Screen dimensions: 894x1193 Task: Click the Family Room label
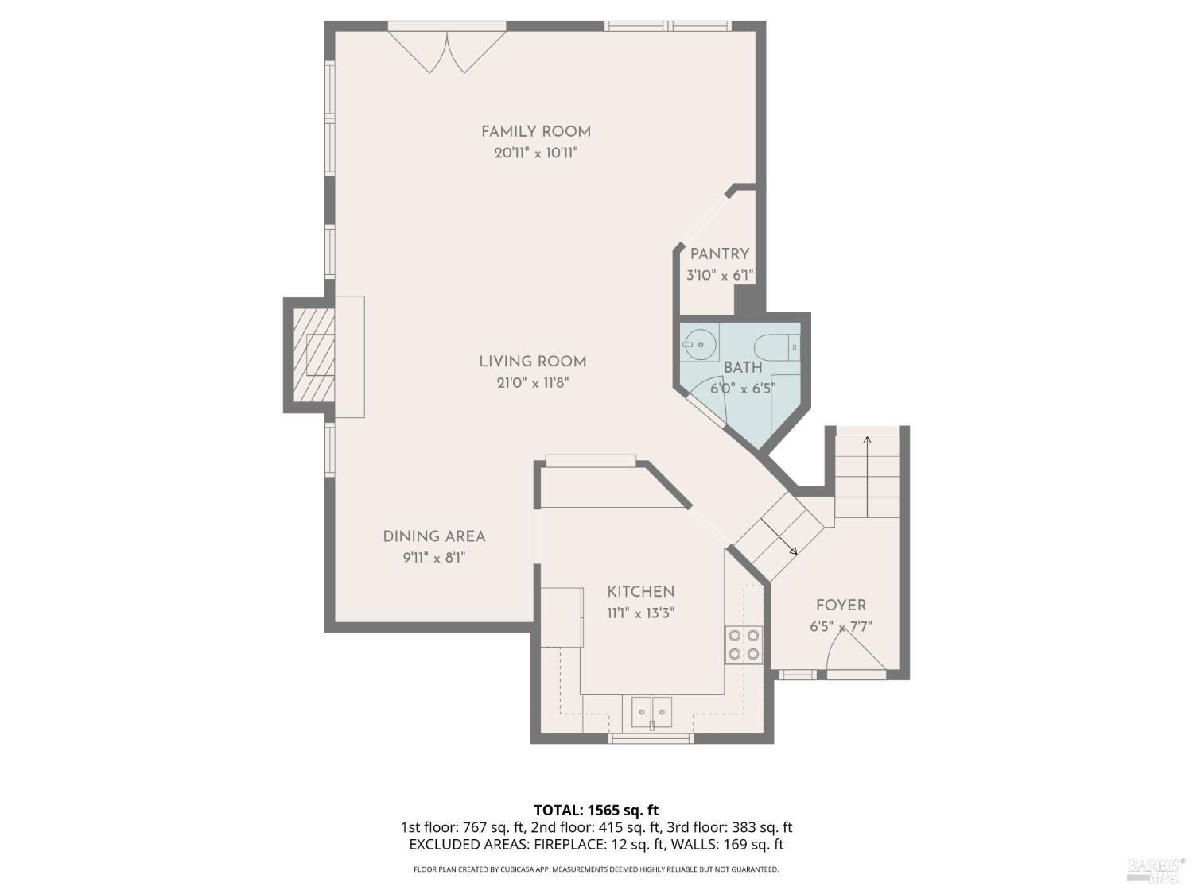click(535, 132)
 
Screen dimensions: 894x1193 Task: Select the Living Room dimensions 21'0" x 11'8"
click(532, 383)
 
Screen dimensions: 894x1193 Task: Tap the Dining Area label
click(433, 536)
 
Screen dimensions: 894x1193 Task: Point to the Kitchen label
click(640, 592)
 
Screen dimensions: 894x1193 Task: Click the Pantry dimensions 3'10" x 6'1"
click(720, 276)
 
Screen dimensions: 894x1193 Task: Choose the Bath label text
click(742, 368)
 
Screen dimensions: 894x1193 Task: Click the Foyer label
click(841, 606)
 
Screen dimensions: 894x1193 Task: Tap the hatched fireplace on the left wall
click(314, 354)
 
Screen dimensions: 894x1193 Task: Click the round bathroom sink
click(701, 344)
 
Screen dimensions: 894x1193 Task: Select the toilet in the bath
click(775, 347)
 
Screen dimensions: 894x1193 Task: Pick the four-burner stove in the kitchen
click(743, 644)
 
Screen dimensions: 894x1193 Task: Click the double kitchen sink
click(651, 710)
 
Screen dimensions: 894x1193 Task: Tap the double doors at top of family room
click(447, 50)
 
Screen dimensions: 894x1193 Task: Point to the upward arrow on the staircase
click(867, 439)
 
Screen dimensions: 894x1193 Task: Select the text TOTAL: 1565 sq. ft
click(596, 811)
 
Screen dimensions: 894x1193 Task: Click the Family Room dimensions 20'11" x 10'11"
click(535, 153)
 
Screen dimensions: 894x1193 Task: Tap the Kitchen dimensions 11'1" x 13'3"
click(640, 613)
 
